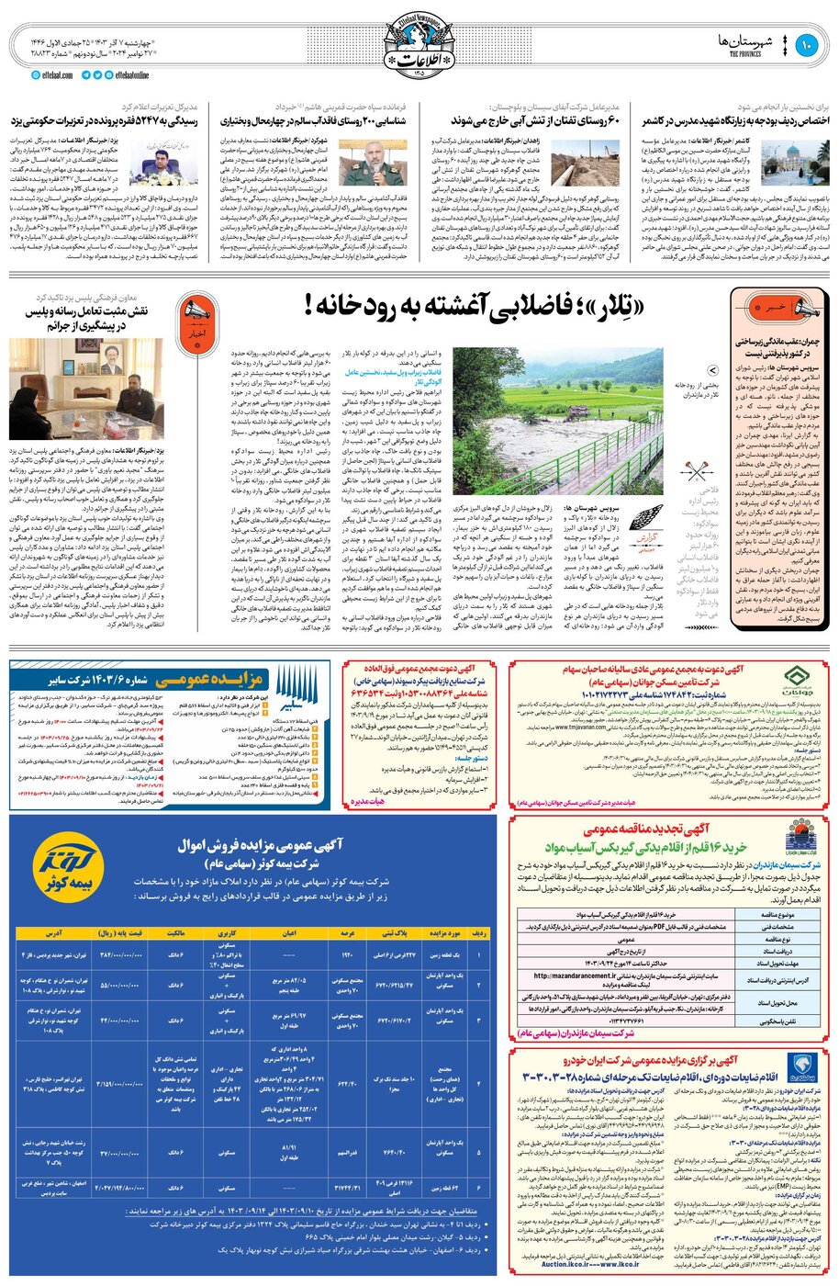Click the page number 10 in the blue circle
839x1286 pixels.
coord(807,45)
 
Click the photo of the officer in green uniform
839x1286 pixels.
coord(372,162)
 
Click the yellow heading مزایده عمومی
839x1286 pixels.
coord(212,681)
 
